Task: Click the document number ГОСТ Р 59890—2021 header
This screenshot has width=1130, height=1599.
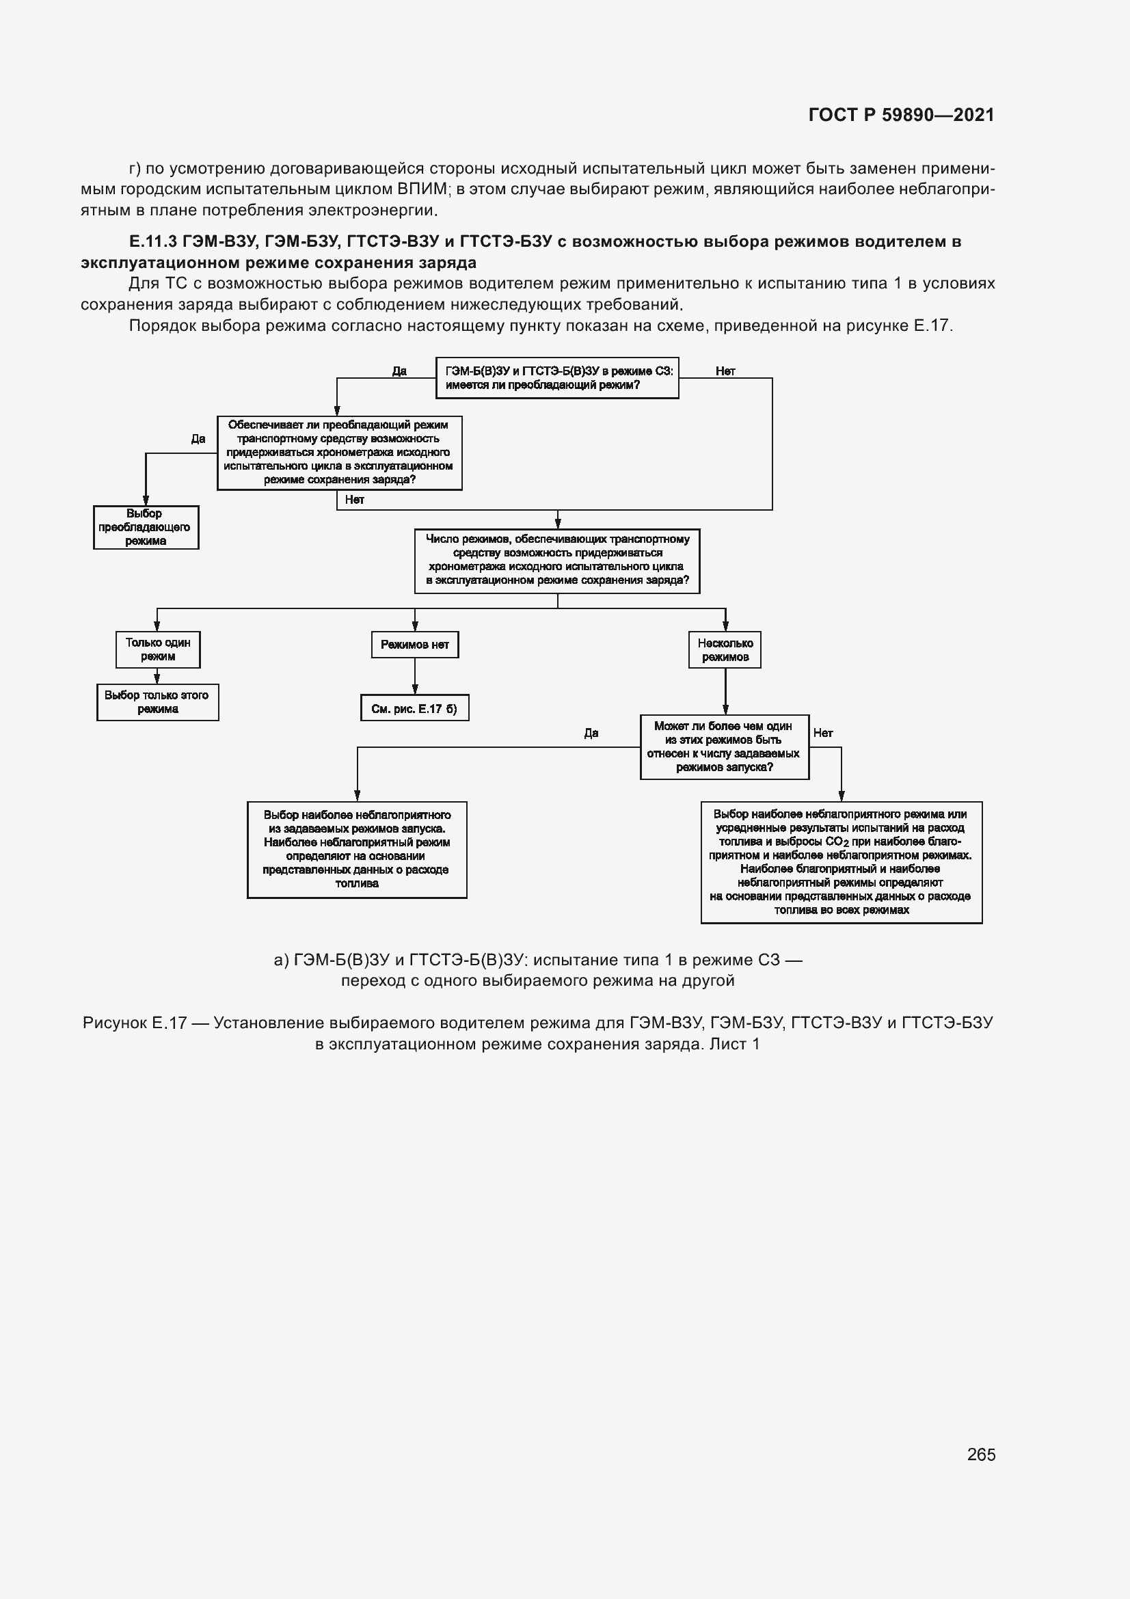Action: click(x=901, y=115)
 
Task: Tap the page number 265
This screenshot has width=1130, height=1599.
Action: click(x=981, y=1454)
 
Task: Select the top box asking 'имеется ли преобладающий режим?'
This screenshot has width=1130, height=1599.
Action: click(x=557, y=378)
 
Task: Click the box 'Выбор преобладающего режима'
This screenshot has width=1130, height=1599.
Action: click(x=146, y=527)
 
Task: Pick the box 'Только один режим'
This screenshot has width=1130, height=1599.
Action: click(x=158, y=649)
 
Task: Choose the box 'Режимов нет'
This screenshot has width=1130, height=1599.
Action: click(x=415, y=645)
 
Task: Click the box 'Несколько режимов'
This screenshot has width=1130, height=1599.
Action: click(x=725, y=649)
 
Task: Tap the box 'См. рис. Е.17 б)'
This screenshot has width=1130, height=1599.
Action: click(x=415, y=709)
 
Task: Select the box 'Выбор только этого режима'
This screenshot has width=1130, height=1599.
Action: click(x=157, y=702)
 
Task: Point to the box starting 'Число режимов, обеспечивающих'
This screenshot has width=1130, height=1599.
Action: click(x=557, y=560)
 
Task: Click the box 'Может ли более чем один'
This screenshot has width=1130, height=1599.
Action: click(x=724, y=747)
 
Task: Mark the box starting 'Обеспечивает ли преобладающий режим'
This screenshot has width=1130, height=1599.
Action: click(x=339, y=453)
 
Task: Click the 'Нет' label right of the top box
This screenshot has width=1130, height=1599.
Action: click(x=725, y=371)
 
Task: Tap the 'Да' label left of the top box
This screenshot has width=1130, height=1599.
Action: click(x=399, y=371)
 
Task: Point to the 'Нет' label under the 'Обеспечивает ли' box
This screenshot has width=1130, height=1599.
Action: click(x=354, y=500)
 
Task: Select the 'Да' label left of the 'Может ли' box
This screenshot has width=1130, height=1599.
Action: click(x=591, y=733)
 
